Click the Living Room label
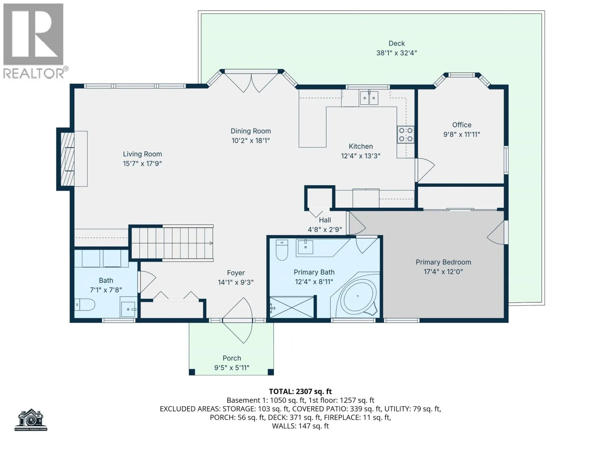(142, 154)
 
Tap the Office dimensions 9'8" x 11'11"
(462, 135)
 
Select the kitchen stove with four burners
(406, 135)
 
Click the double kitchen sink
(369, 98)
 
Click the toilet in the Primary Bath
(282, 250)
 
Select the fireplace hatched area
(67, 159)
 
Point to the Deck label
(396, 43)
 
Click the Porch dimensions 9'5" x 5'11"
(232, 368)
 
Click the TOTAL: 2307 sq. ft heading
(300, 391)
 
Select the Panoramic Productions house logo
(31, 420)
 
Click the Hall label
(325, 220)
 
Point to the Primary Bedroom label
(443, 262)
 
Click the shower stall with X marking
(292, 307)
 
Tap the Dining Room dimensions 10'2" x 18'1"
(251, 141)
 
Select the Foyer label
(236, 273)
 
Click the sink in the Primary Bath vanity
(305, 247)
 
